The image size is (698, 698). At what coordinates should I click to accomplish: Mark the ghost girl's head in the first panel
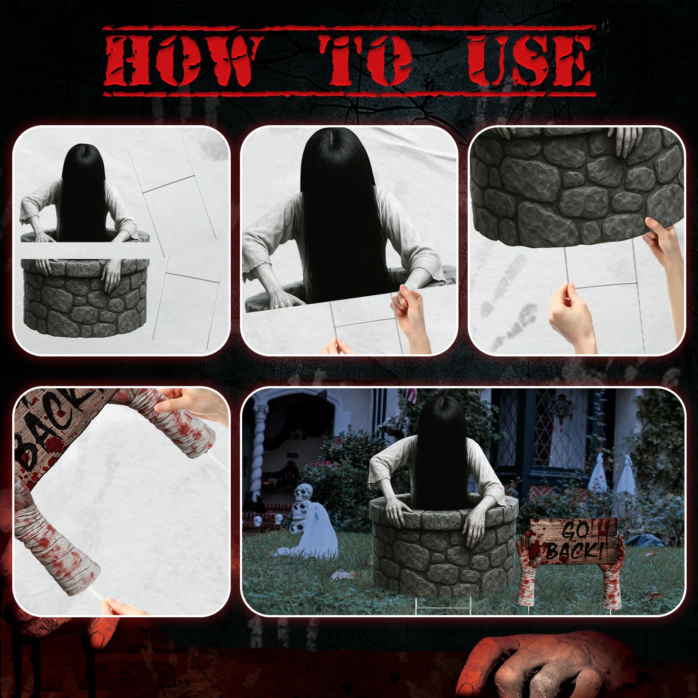click(x=84, y=168)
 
